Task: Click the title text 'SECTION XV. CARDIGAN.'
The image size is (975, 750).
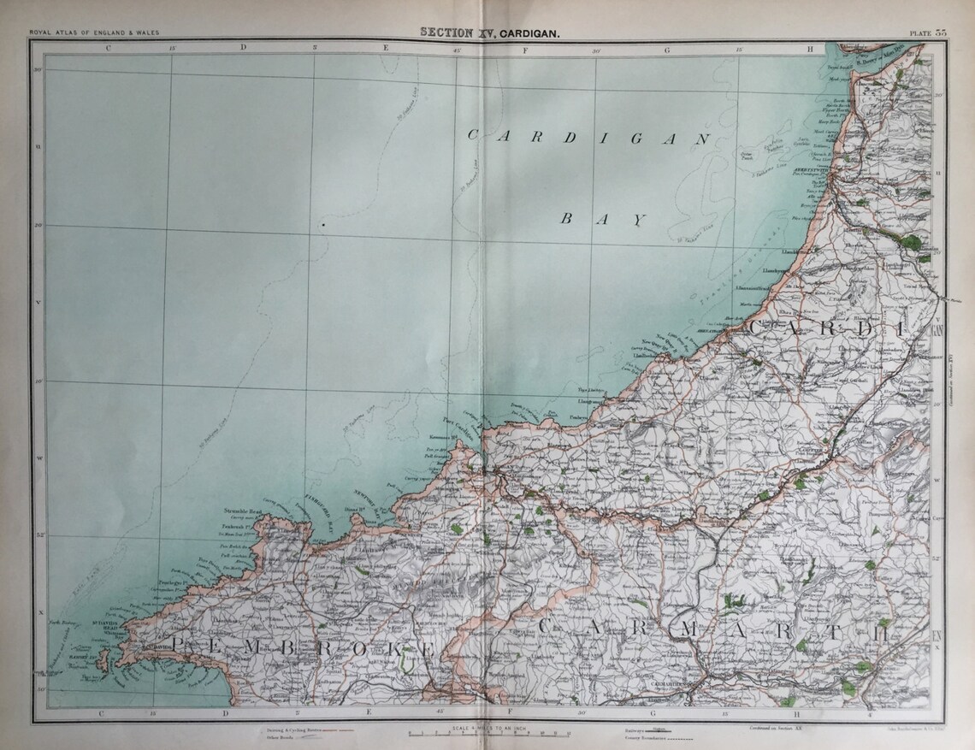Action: tap(490, 32)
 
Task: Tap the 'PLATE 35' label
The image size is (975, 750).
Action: tap(927, 32)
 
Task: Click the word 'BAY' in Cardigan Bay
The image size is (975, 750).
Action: tap(601, 219)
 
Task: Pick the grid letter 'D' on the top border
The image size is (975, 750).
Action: tap(242, 48)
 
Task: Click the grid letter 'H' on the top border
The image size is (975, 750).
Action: tap(810, 48)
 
